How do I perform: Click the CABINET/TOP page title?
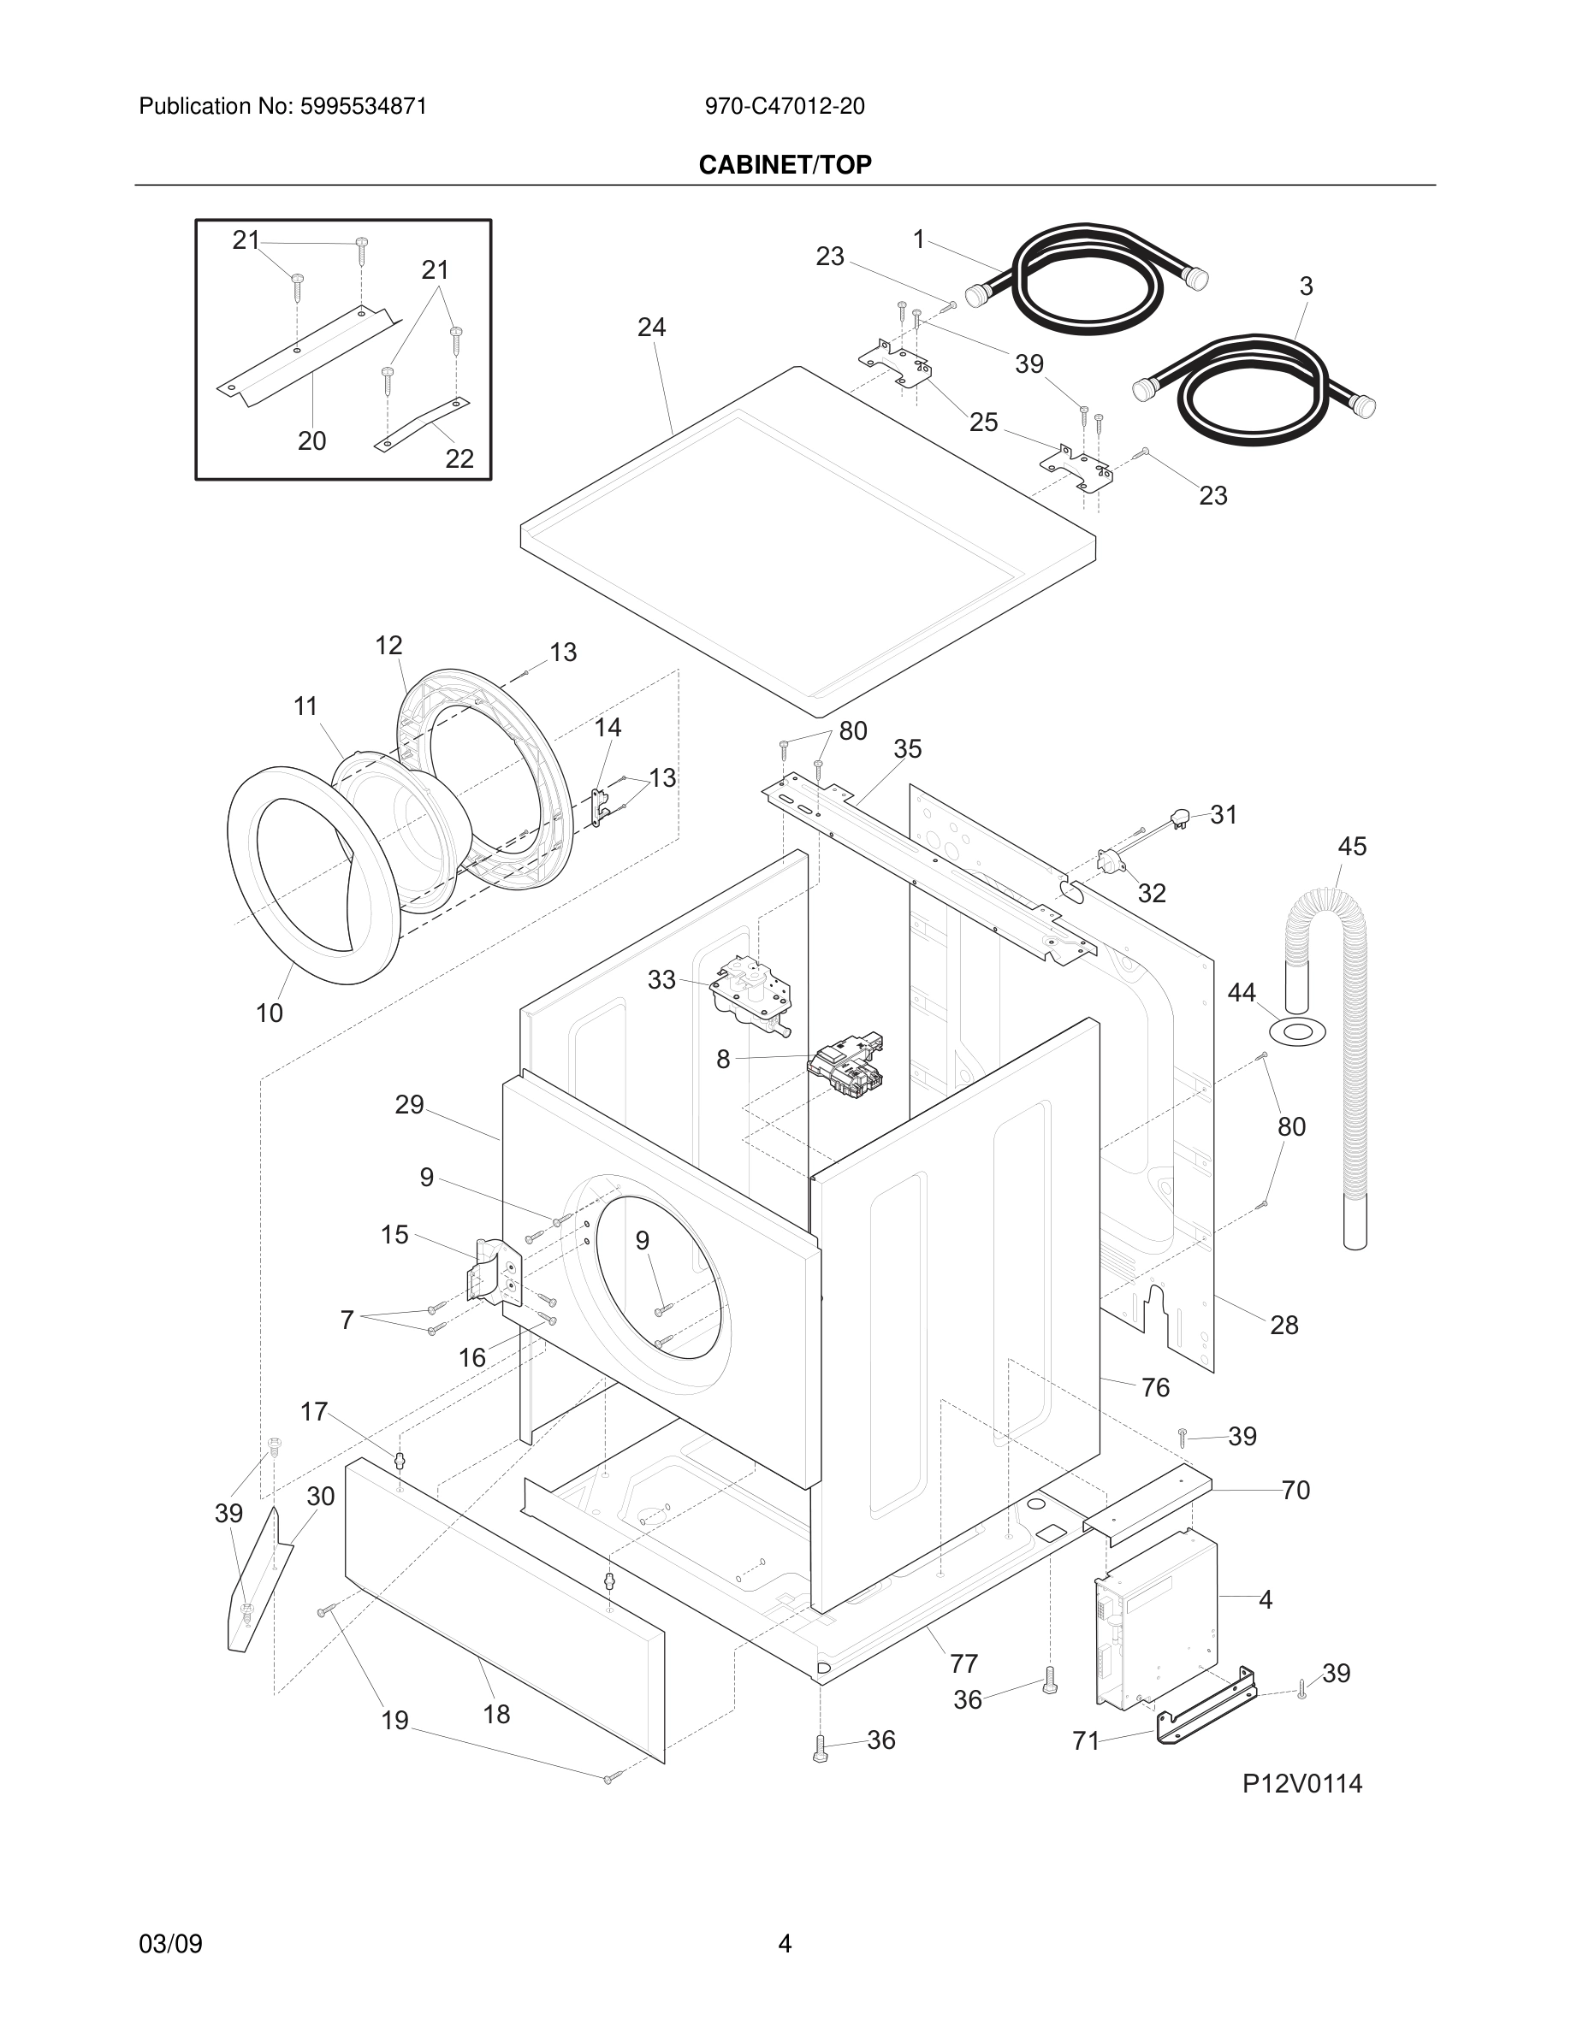pos(785,165)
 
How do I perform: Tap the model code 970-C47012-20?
pos(785,107)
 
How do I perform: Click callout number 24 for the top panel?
pos(651,328)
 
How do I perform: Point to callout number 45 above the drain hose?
pos(1352,847)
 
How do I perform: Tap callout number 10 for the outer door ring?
pos(270,1013)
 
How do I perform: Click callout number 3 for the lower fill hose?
pos(1306,286)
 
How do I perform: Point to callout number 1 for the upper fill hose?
pos(919,240)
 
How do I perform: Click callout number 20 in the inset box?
pos(311,441)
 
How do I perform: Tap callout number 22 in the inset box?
pos(459,458)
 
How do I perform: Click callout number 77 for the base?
pos(963,1663)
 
